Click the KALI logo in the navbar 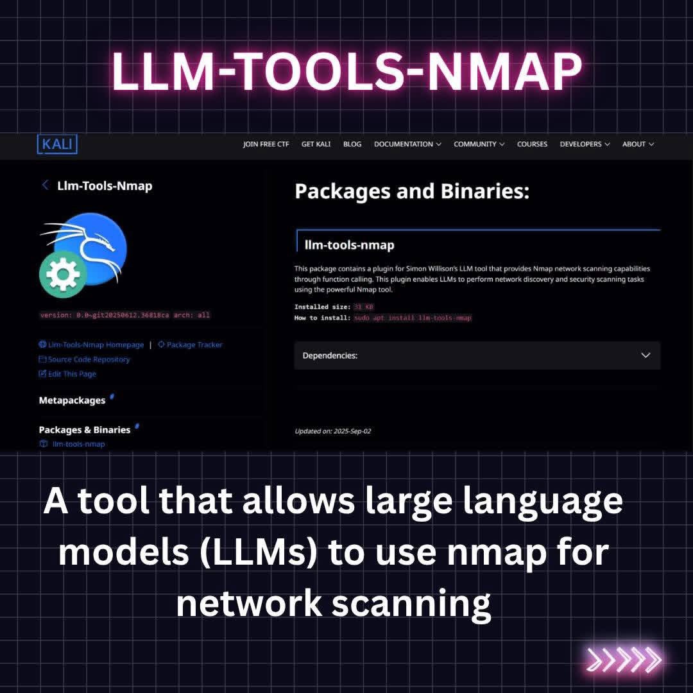pos(57,144)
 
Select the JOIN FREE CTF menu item pos(266,144)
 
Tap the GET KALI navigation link pos(316,144)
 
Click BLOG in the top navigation pos(352,144)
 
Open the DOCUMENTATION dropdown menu pos(407,144)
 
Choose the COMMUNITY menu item pos(479,144)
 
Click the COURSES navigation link pos(532,144)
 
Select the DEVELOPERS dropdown pos(585,144)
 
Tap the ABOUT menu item pos(638,144)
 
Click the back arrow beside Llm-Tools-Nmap pos(45,185)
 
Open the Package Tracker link pos(194,345)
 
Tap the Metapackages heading pos(72,400)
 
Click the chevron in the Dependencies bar pos(646,355)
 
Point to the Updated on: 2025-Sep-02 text pos(332,431)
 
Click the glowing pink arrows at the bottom pos(624,660)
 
